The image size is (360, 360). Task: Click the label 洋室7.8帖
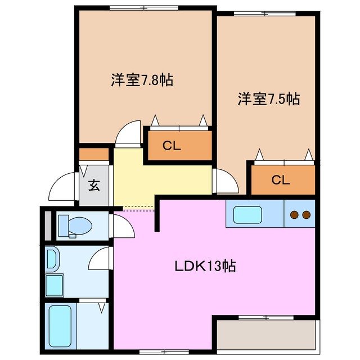(x=141, y=80)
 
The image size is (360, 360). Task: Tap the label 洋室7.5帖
(x=268, y=99)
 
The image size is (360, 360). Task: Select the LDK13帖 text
(x=204, y=265)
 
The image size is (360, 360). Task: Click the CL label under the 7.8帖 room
(x=172, y=146)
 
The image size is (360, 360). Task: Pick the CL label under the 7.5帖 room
(x=281, y=180)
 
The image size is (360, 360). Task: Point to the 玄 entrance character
(x=94, y=185)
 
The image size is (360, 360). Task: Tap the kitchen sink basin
(x=247, y=215)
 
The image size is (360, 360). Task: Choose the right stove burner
(x=306, y=214)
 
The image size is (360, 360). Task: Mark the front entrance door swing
(x=63, y=187)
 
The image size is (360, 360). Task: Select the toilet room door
(x=123, y=226)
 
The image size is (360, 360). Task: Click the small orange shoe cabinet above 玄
(x=93, y=154)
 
